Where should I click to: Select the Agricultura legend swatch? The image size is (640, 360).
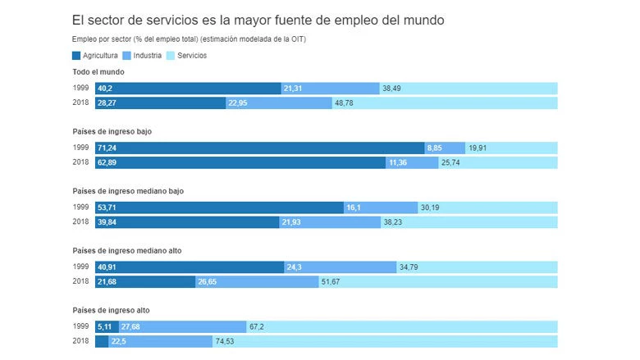pos(77,56)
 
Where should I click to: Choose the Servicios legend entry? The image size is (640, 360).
pos(186,56)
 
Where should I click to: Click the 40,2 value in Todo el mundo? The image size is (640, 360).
pos(105,88)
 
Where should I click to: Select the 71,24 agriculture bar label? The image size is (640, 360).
pos(107,148)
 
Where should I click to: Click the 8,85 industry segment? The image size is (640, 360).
pos(435,148)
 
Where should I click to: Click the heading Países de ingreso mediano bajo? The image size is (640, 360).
pos(127,191)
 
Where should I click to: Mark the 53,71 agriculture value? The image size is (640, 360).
pos(107,207)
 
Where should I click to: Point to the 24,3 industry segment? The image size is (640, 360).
pos(339,267)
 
